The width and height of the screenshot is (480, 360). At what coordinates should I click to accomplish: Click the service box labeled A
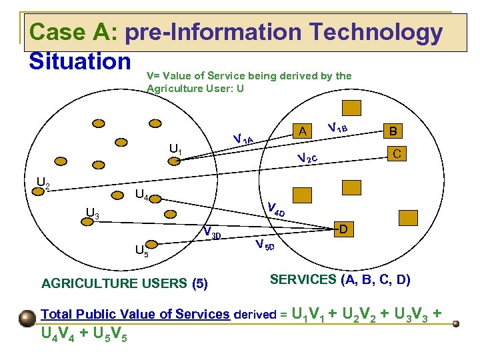point(303,131)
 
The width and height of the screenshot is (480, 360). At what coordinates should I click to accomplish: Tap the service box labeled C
point(395,153)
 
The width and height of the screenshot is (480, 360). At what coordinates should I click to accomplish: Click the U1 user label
point(175,149)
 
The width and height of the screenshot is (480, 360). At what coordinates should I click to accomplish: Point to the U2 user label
point(43,183)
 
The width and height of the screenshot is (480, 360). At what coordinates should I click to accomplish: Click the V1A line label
point(243,139)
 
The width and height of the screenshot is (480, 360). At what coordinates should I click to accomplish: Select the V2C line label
point(311,159)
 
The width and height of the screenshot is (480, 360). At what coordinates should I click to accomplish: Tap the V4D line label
point(275,208)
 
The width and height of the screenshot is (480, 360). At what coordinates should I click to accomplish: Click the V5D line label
point(264,244)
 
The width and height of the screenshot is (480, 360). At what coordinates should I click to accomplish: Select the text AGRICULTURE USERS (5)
point(125,283)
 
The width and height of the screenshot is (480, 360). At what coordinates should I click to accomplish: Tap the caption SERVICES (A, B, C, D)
point(340,280)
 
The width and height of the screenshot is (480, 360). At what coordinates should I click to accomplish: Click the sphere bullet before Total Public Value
point(28,317)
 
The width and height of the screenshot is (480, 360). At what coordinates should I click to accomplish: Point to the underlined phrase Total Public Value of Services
point(135,314)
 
